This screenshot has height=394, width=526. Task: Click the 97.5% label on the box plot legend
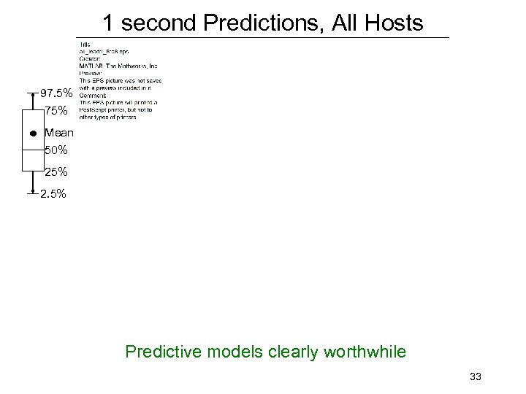point(56,94)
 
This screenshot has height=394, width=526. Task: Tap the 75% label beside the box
point(56,111)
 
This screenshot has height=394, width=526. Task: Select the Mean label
point(58,134)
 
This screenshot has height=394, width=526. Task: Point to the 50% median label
point(56,150)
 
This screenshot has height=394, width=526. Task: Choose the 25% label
point(56,172)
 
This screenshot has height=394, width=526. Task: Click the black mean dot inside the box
point(34,134)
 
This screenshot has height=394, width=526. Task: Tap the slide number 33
point(476,376)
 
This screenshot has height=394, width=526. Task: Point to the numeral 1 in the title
point(108,23)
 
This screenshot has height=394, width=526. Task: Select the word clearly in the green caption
point(286,352)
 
